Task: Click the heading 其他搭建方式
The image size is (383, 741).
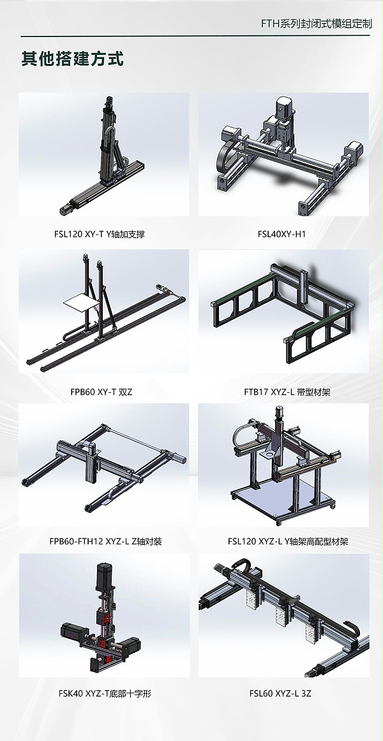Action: tap(72, 59)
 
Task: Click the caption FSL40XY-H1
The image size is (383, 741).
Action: tap(282, 233)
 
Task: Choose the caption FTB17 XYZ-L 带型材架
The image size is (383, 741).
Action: tap(283, 392)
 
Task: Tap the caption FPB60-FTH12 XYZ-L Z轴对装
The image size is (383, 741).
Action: tap(105, 541)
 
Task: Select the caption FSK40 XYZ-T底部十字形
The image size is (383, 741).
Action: tap(105, 693)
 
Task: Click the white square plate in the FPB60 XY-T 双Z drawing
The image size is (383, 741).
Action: tap(82, 303)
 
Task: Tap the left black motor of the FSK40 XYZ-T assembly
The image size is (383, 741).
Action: tap(74, 630)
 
